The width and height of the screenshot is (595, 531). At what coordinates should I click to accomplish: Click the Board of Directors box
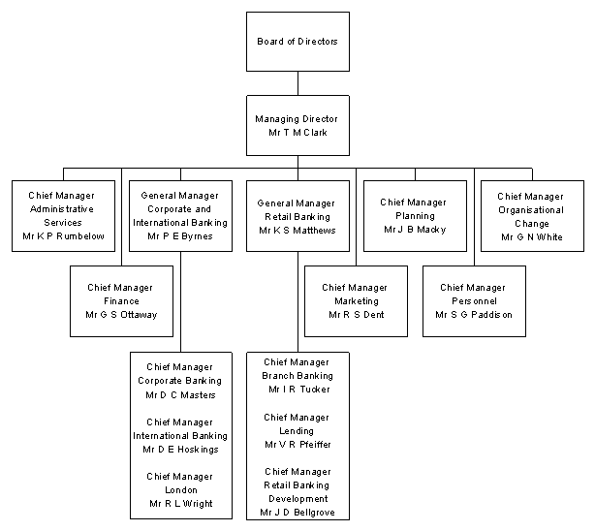[297, 42]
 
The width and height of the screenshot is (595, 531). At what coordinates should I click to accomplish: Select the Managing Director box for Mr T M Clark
[297, 125]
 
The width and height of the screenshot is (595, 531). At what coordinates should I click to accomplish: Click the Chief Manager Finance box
[121, 300]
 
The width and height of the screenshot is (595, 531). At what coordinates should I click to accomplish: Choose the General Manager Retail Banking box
[297, 216]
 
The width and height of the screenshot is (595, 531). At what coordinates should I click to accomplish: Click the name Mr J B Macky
[414, 230]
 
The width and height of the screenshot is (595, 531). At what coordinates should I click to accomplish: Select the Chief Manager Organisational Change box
[530, 216]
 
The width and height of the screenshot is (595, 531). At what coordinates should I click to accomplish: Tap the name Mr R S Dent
[356, 315]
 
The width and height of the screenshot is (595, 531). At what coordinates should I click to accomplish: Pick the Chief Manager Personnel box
[473, 300]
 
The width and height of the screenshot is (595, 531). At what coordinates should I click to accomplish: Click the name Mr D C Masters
[181, 394]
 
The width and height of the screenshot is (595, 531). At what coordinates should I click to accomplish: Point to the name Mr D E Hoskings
[181, 450]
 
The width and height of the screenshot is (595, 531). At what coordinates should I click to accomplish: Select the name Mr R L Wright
[181, 504]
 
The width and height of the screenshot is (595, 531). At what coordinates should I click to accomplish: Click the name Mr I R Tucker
[297, 389]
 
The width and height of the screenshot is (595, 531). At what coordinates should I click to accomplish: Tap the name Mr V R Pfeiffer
[297, 444]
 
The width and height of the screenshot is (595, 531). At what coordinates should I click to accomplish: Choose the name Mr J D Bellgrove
[297, 512]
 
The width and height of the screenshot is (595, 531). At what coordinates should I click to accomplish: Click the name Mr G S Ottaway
[121, 315]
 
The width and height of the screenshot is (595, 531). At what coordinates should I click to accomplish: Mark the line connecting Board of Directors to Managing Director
[297, 83]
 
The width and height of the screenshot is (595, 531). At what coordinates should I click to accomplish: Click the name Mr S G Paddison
[473, 315]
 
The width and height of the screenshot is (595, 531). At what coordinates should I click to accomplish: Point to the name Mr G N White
[530, 235]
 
